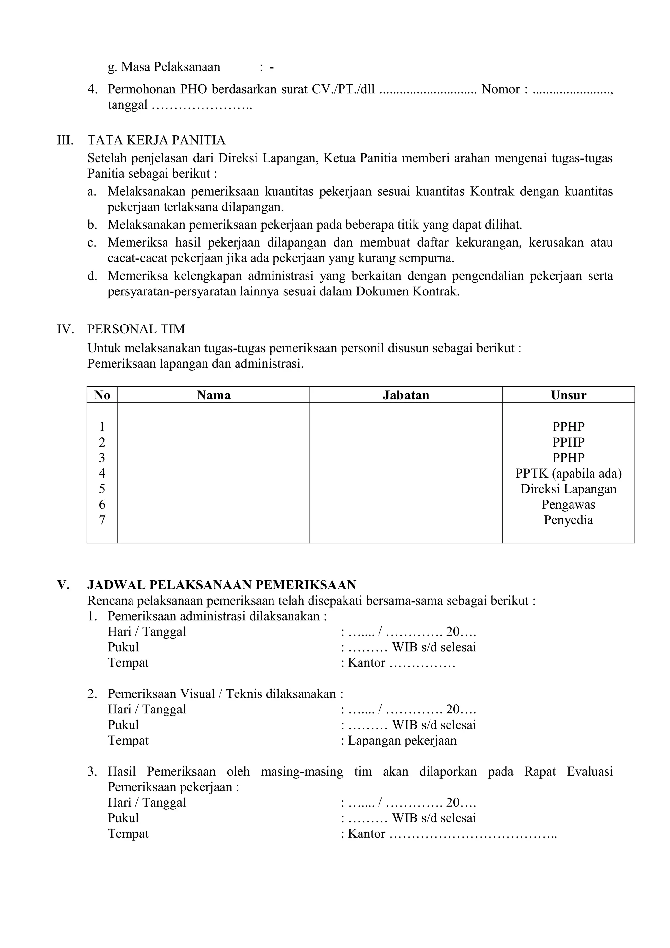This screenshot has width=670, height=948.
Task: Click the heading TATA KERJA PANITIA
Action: click(x=156, y=140)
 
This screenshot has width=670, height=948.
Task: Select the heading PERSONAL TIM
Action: click(x=136, y=329)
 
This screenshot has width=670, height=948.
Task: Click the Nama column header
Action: click(x=213, y=395)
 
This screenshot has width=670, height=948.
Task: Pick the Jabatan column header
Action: click(x=406, y=395)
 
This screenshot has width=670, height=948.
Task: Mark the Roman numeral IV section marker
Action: click(x=65, y=329)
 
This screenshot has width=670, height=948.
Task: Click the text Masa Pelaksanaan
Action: click(x=170, y=67)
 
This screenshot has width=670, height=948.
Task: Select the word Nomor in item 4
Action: click(x=500, y=89)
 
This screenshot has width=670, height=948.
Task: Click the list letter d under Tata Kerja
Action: click(x=92, y=276)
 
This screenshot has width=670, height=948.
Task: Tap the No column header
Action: click(x=102, y=395)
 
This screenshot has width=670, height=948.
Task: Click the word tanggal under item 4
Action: click(x=128, y=105)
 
